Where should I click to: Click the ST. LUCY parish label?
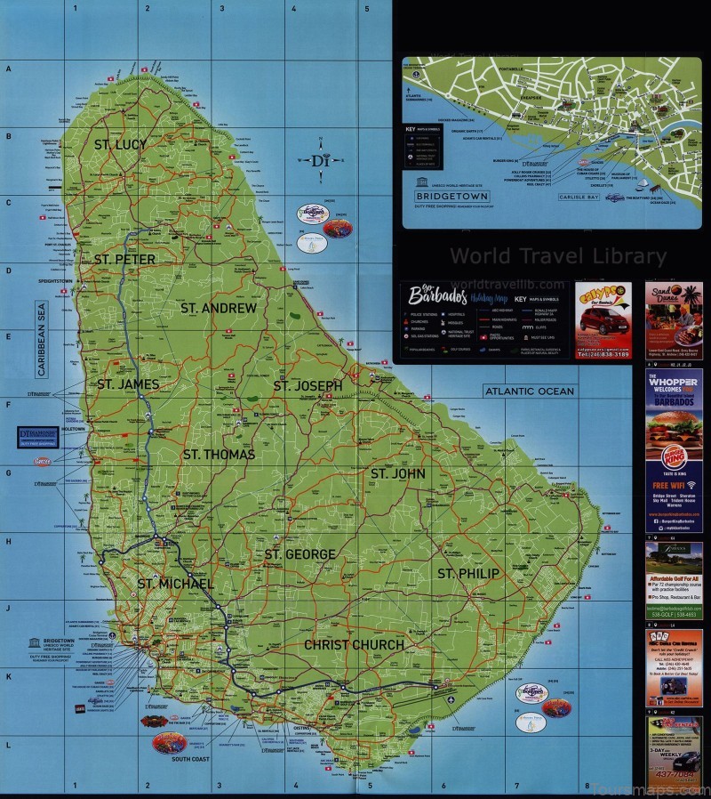(121, 143)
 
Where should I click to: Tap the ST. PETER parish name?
(124, 259)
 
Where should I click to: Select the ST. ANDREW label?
(218, 308)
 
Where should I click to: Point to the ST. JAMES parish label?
(127, 384)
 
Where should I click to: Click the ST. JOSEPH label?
(308, 385)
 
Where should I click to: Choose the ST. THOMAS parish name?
(219, 454)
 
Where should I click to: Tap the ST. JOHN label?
(398, 473)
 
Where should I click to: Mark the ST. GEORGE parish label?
(300, 554)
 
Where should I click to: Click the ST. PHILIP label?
(467, 573)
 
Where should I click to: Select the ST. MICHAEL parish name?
(175, 584)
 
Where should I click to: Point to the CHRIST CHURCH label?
(354, 644)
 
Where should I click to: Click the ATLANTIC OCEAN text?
(529, 391)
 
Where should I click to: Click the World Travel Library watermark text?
(557, 256)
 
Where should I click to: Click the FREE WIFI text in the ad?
(673, 486)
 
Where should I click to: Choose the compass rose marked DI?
(319, 161)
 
